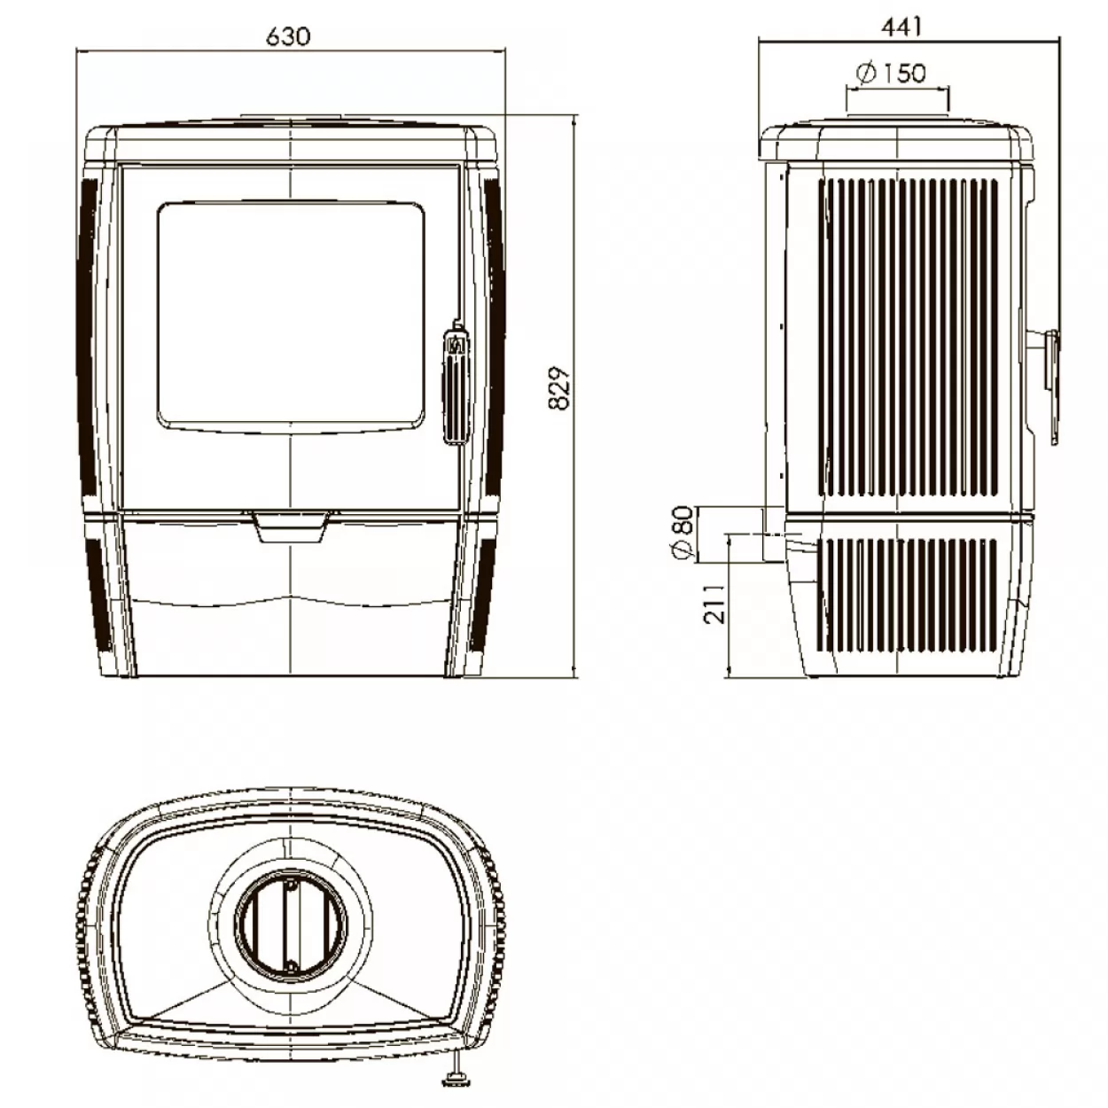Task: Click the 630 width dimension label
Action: [288, 36]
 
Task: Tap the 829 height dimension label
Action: [559, 387]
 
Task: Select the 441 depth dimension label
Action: [901, 27]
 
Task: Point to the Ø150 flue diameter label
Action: [891, 73]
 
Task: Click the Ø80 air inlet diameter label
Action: [683, 533]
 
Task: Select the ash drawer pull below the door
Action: [291, 527]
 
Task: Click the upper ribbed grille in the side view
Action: [908, 337]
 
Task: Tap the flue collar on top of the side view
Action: [898, 117]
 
